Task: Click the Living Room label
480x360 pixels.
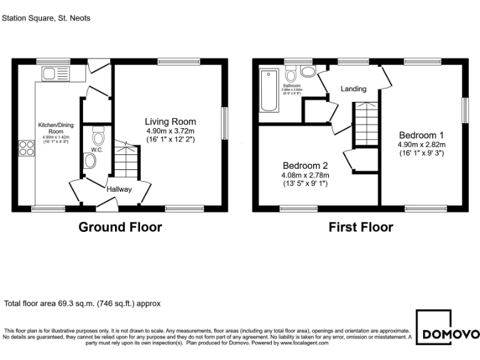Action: [x=170, y=121]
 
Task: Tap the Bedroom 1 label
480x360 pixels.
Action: [x=421, y=135]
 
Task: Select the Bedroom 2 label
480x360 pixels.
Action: [x=305, y=165]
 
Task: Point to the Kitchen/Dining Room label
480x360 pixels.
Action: [x=51, y=128]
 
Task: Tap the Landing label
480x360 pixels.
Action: [x=353, y=89]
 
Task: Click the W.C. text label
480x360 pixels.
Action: [x=96, y=150]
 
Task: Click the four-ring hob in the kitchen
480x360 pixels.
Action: [x=26, y=148]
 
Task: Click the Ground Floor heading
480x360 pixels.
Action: [x=120, y=227]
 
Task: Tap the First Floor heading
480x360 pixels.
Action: [x=361, y=227]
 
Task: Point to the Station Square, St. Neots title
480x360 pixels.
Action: [x=46, y=18]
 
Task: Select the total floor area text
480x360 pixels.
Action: [x=82, y=304]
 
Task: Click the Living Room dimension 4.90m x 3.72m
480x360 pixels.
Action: [x=170, y=131]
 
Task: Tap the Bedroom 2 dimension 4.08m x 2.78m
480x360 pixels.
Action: [x=305, y=175]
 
